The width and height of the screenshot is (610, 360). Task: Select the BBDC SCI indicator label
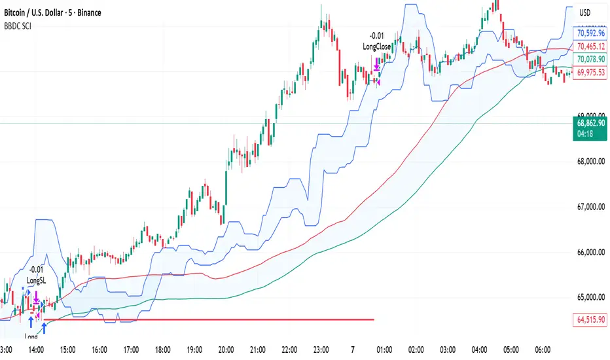click(x=20, y=26)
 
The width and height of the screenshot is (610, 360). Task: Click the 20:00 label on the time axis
click(x=226, y=350)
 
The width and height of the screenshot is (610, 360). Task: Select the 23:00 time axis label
click(x=321, y=350)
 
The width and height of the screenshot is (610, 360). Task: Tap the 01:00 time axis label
click(x=384, y=350)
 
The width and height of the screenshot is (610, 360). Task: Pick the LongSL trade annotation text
click(x=36, y=280)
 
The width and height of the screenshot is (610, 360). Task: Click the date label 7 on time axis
click(x=353, y=350)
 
